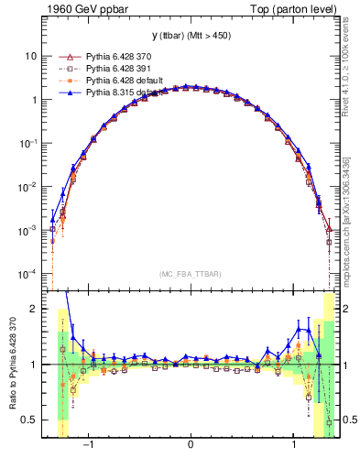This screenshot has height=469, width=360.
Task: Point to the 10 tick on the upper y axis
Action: tap(29, 56)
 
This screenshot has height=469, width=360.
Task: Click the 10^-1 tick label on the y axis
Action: tap(27, 144)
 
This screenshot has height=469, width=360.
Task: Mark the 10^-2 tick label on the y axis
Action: tap(27, 188)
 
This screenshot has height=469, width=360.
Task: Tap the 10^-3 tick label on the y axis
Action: tap(27, 232)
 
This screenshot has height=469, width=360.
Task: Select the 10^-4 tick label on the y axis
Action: tap(27, 275)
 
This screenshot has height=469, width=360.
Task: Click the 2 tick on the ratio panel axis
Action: tap(33, 309)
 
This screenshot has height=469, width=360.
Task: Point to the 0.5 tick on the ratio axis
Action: tap(29, 420)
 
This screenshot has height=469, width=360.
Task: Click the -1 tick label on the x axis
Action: tap(89, 447)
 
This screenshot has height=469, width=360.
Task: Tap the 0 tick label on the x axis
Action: tap(191, 447)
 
